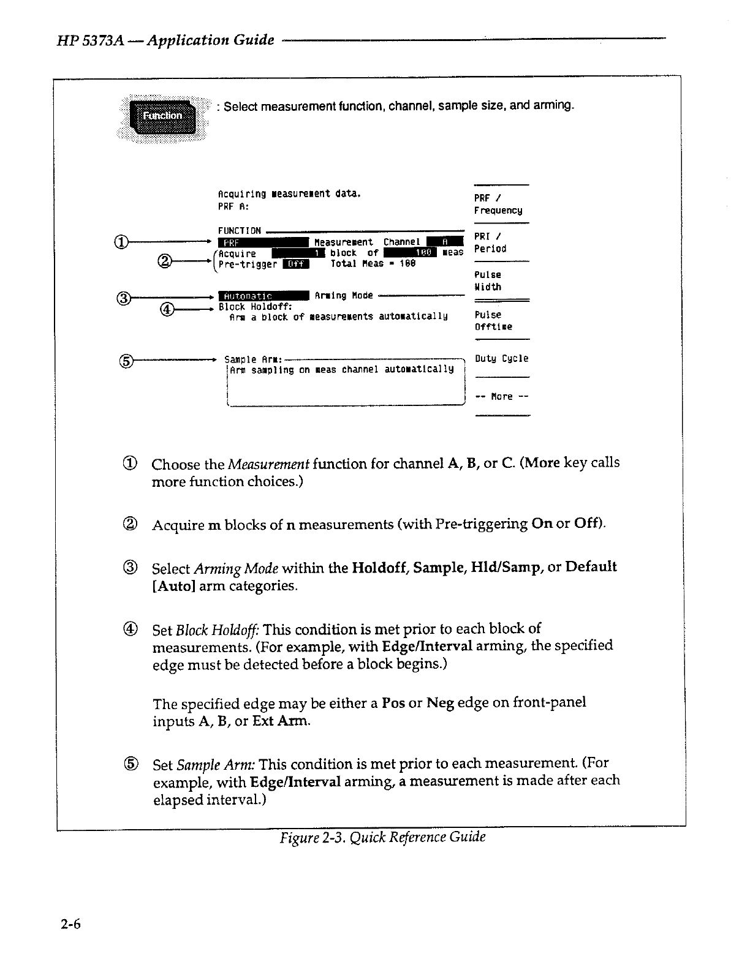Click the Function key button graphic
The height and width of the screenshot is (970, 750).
click(162, 116)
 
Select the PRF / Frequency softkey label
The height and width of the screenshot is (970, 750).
click(498, 205)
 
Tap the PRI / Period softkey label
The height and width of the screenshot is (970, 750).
click(490, 242)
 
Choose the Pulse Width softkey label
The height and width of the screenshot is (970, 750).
click(488, 281)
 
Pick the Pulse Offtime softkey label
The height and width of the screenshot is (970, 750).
click(493, 321)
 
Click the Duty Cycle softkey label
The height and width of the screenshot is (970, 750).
click(501, 359)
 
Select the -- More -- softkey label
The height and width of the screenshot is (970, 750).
click(501, 397)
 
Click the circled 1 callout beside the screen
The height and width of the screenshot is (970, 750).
click(121, 242)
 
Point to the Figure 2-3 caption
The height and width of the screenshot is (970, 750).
click(382, 838)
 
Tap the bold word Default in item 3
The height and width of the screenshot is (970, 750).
click(591, 567)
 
